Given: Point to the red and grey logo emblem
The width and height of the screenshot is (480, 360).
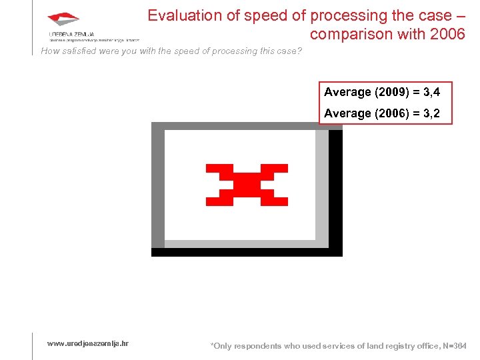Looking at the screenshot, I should point(63,19).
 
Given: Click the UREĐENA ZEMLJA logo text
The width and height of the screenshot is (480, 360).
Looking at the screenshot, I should point(71,33).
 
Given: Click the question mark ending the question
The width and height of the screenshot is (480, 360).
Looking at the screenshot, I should point(299,51).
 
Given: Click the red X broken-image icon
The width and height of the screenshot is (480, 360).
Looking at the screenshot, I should point(247,184).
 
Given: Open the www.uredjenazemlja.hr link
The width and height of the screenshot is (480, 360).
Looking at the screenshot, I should point(88,343).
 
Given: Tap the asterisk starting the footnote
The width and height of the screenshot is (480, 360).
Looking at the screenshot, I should point(212,345).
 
